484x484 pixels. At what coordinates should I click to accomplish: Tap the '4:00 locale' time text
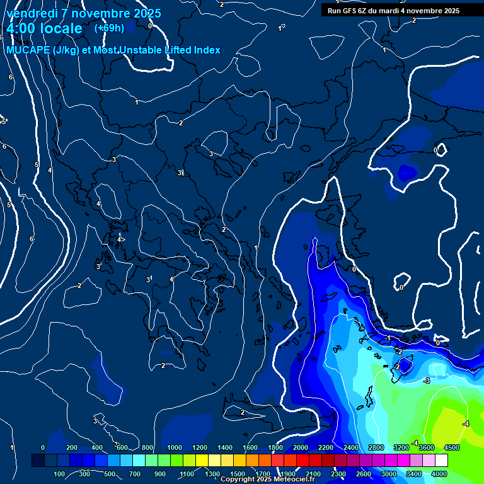(x=44, y=29)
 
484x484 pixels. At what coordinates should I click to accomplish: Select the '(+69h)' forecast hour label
(x=109, y=28)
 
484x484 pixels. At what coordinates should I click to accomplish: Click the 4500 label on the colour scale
(x=451, y=447)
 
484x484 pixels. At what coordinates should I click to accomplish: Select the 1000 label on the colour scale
(x=175, y=447)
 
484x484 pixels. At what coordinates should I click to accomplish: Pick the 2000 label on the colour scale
(x=301, y=447)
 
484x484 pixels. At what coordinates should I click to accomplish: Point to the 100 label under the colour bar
(x=59, y=474)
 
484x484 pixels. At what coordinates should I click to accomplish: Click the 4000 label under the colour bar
(x=439, y=474)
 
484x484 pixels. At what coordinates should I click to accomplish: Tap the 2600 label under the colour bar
(x=364, y=474)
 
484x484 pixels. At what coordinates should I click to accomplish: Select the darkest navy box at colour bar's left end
(x=38, y=461)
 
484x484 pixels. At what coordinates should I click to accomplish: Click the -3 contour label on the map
(x=427, y=381)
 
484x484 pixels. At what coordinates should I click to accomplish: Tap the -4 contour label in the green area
(x=466, y=423)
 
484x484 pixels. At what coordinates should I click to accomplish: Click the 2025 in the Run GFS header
(x=450, y=11)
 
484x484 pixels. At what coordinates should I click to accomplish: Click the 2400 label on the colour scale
(x=351, y=447)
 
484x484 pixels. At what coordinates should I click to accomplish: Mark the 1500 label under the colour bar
(x=238, y=474)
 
